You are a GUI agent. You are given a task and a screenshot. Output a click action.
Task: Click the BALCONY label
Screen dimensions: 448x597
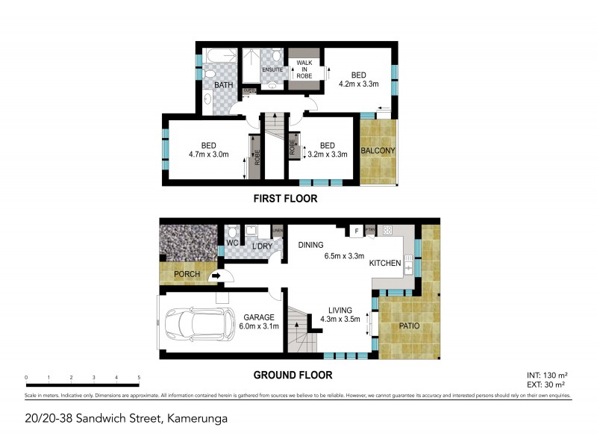tap(378, 151)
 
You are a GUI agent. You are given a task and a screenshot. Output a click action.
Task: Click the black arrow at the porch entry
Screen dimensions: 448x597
tap(216, 276)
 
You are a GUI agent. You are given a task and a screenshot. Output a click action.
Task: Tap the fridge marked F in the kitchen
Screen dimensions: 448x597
tap(357, 232)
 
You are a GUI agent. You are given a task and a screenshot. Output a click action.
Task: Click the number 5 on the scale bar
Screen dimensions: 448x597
tap(140, 378)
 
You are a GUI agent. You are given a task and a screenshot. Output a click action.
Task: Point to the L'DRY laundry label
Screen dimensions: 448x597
tap(260, 246)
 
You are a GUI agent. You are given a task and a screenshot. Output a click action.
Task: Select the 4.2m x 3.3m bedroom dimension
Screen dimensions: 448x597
tap(357, 84)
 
